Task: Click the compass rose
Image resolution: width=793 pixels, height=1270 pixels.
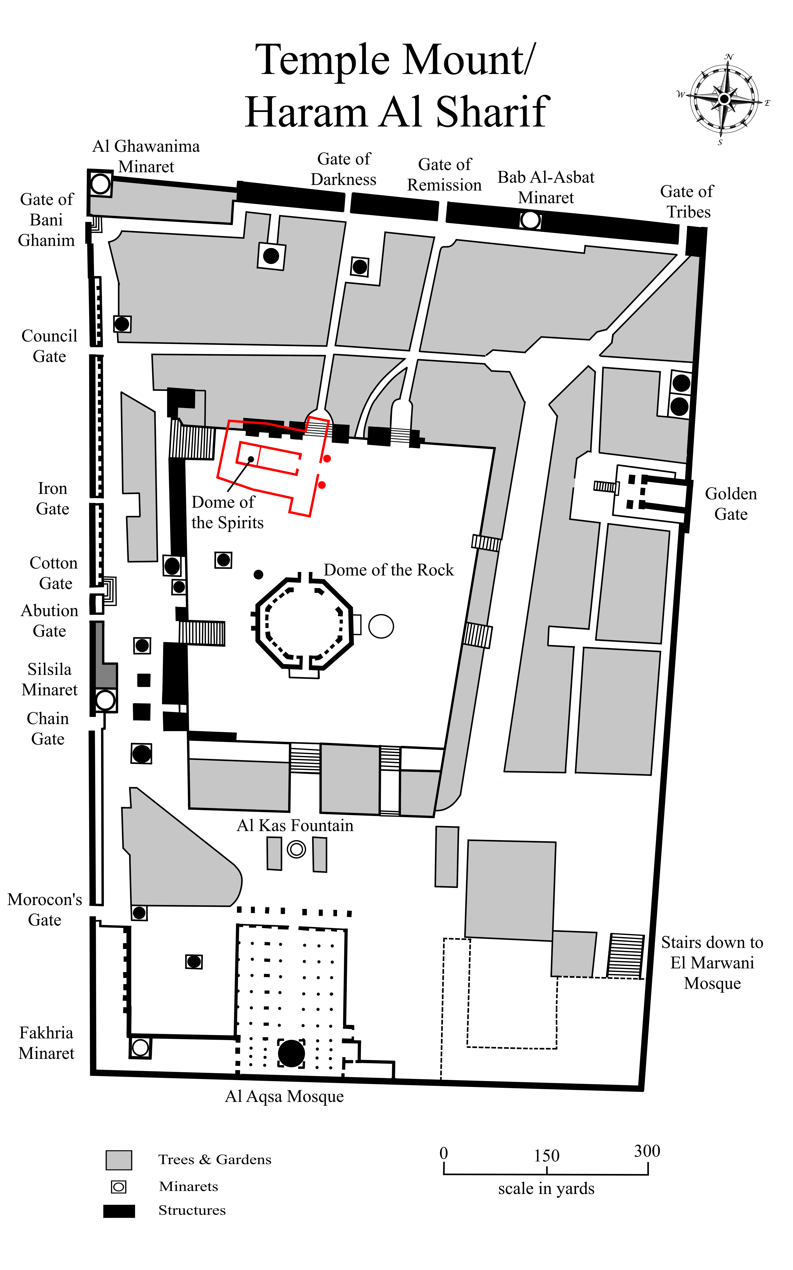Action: (x=724, y=99)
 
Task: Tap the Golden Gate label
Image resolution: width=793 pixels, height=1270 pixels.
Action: (x=731, y=504)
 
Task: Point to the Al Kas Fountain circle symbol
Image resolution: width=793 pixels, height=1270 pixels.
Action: (x=296, y=849)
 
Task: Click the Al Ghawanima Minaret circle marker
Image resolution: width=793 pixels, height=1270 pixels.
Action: (x=100, y=184)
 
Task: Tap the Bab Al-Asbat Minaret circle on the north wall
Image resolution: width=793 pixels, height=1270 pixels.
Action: (x=530, y=220)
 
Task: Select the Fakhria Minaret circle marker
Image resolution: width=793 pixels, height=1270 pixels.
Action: (x=140, y=1047)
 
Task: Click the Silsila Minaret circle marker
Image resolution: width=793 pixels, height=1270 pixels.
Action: (x=105, y=700)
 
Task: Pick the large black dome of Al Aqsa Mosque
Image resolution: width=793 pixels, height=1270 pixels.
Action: (x=291, y=1053)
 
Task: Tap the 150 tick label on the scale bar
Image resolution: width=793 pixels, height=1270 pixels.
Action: (x=547, y=1156)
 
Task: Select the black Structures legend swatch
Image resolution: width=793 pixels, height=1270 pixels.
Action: (x=119, y=1211)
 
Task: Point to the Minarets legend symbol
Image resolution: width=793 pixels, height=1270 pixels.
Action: (x=119, y=1186)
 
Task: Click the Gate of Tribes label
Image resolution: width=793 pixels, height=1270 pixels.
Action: (x=688, y=201)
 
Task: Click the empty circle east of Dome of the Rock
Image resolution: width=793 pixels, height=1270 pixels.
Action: (x=381, y=626)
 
